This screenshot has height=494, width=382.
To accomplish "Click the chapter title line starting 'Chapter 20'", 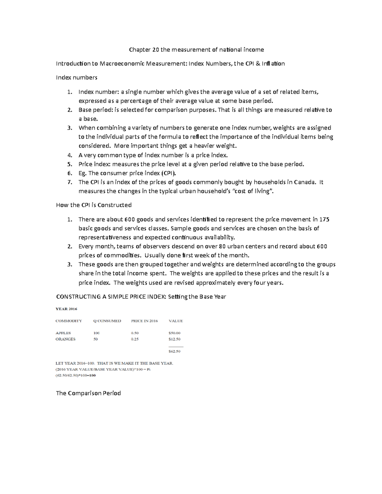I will [x=196, y=50].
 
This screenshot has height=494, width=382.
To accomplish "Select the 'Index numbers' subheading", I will [x=76, y=77].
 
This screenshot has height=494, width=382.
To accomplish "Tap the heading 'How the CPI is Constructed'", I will [x=94, y=205].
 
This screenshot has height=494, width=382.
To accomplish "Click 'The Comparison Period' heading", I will [x=88, y=393].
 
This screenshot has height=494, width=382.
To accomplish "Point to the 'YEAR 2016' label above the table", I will [x=67, y=309].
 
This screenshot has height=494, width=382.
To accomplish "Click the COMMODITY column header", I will [x=68, y=321].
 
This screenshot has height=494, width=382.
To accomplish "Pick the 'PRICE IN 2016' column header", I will [x=144, y=321].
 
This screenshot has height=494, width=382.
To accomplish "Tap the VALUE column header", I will [x=175, y=321].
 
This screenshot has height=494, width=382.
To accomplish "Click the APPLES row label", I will [x=63, y=333].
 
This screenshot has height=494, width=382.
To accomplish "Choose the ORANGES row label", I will [x=65, y=339].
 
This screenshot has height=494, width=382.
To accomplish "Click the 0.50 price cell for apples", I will [x=135, y=333].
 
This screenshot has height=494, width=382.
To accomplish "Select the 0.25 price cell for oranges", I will [x=135, y=339].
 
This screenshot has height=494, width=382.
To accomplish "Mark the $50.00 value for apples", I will [x=174, y=333].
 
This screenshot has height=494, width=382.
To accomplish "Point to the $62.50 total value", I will [x=174, y=351].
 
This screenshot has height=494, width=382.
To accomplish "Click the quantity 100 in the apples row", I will [x=96, y=333].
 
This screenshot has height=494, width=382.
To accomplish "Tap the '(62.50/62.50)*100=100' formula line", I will [x=75, y=375].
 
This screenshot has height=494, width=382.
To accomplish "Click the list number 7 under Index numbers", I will [x=69, y=182].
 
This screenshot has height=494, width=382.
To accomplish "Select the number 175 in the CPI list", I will [x=325, y=219].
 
